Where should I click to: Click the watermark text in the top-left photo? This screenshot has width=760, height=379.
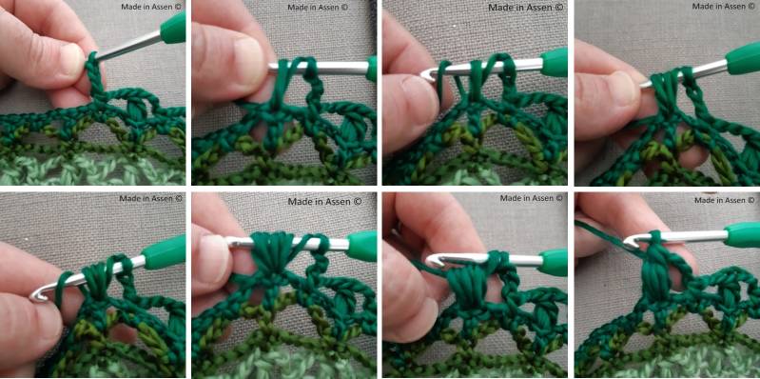click(x=151, y=7)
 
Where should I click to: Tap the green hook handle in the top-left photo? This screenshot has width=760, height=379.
click(x=173, y=29)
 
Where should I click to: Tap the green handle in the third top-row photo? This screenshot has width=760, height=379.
click(x=554, y=63)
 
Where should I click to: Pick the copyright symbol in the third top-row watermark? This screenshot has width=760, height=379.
click(x=559, y=8)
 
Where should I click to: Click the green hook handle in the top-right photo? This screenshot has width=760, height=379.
click(x=743, y=58)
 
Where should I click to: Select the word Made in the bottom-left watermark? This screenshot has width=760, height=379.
click(x=129, y=198)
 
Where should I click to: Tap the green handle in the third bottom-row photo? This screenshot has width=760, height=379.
click(x=553, y=262)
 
